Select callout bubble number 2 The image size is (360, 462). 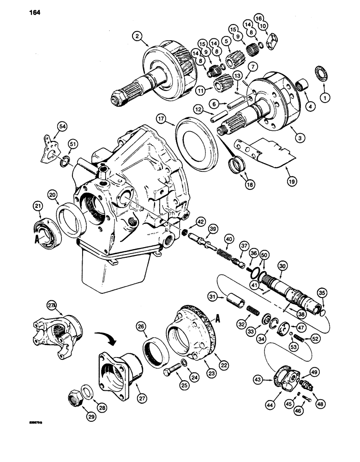pyautogui.click(x=136, y=36)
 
